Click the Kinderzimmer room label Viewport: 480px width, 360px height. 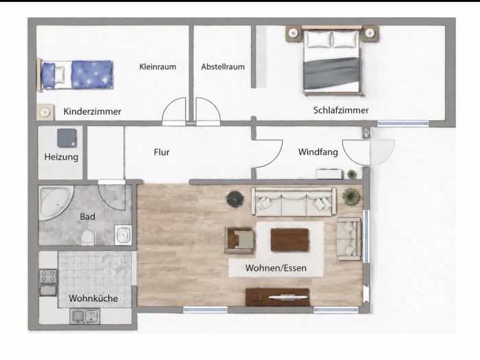pos(92,111)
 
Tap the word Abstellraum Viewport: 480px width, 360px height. pos(223,67)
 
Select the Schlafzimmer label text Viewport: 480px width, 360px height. pos(341,110)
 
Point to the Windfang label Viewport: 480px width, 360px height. pos(318,152)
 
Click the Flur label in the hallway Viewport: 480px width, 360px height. pos(162,152)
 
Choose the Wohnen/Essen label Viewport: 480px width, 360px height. pos(276,268)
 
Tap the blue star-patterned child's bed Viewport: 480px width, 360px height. pos(75,75)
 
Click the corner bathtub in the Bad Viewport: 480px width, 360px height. pos(56,202)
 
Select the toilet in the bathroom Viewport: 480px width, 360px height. pos(88,237)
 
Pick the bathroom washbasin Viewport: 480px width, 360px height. pos(123,235)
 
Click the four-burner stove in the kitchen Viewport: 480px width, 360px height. pos(48,276)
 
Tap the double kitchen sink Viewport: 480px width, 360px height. pos(85,316)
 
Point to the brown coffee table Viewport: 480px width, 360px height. pos(289,240)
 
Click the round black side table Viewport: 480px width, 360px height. pos(235,200)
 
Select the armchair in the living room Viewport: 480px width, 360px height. pos(239,240)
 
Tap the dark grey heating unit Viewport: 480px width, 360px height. pos(67,138)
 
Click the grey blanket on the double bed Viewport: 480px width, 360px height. pos(331,73)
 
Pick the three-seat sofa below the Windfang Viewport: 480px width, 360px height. pos(294,202)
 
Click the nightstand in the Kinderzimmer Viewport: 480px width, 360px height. pos(45,112)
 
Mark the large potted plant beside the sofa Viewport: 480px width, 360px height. pos(351,197)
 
